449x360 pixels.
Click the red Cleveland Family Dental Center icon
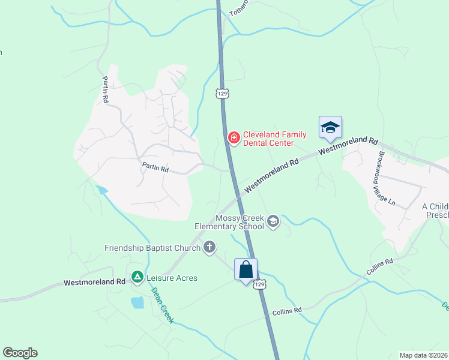234,139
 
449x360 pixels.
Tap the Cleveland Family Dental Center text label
268,139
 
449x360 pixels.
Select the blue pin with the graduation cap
330,128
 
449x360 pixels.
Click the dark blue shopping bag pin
246,270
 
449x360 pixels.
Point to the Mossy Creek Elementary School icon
273,221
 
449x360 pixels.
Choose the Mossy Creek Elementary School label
229,222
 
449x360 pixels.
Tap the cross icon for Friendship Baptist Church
209,247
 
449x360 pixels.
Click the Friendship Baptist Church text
152,247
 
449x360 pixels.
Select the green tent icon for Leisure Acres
137,277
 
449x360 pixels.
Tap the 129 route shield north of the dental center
223,94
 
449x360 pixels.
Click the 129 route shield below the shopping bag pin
259,284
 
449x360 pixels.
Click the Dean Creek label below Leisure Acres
163,305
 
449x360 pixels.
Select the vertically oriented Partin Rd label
105,89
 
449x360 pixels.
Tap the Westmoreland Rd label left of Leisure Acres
94,281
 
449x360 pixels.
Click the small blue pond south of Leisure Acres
137,302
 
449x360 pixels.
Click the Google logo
20,353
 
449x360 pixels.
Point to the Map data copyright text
423,355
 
